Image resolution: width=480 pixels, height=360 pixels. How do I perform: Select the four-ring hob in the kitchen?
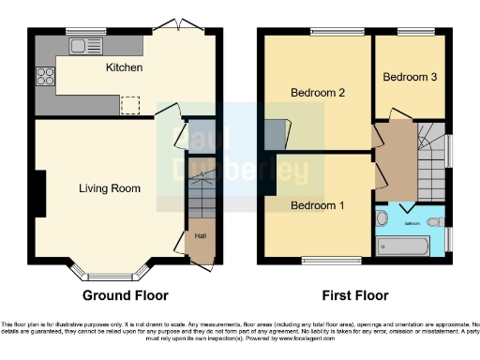[44, 78]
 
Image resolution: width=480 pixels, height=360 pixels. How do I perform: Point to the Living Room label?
[109, 188]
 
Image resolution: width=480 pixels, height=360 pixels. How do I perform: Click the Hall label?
[200, 236]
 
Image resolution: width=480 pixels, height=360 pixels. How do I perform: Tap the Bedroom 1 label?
[318, 205]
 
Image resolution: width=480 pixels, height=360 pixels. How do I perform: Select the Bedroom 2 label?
[318, 93]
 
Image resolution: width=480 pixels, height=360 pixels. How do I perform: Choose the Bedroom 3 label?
[410, 77]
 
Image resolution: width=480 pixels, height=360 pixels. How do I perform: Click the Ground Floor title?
[126, 295]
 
